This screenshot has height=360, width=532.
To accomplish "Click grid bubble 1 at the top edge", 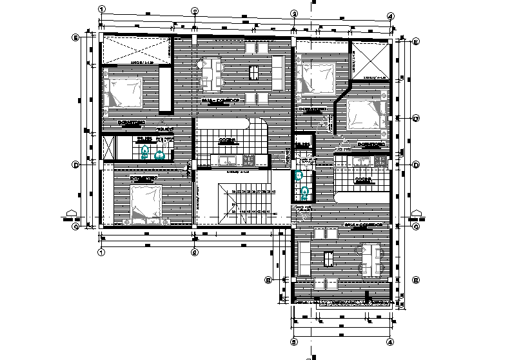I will click(x=101, y=10).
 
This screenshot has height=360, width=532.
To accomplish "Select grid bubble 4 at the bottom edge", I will click(x=390, y=342).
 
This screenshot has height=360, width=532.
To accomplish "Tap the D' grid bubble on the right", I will click(x=416, y=119).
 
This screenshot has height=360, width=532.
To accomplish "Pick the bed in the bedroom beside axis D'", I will click(x=366, y=114).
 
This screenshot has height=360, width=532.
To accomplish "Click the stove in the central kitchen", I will click(x=248, y=161).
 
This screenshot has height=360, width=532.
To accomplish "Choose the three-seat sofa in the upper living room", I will click(x=279, y=73).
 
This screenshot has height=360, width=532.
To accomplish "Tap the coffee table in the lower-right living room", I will click(x=328, y=259).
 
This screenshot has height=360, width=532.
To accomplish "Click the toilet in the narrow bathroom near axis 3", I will click(x=305, y=191).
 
